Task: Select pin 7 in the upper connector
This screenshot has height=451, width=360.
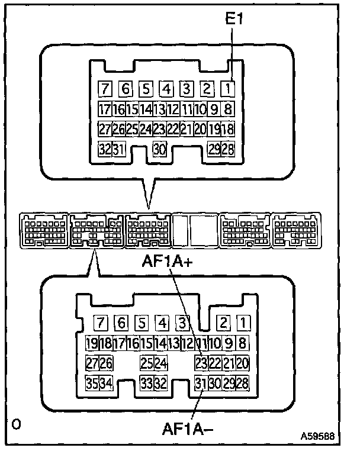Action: click(x=106, y=90)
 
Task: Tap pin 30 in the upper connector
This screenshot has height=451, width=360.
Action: click(x=159, y=149)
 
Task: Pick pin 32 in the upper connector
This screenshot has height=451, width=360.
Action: click(x=105, y=149)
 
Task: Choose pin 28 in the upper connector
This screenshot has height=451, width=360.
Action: click(x=228, y=149)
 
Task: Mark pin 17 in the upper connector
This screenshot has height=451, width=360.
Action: click(x=105, y=109)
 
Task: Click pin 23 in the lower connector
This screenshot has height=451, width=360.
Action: click(x=201, y=363)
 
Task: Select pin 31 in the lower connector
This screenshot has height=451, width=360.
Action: click(x=201, y=384)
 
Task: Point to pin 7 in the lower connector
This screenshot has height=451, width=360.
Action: click(x=101, y=323)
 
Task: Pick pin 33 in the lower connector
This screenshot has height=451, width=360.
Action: click(x=146, y=384)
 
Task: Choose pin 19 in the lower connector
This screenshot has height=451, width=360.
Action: click(x=92, y=343)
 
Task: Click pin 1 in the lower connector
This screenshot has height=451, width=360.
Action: click(x=243, y=323)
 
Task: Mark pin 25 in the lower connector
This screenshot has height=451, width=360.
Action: click(x=146, y=363)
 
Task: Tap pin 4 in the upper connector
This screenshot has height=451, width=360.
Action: click(x=167, y=90)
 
